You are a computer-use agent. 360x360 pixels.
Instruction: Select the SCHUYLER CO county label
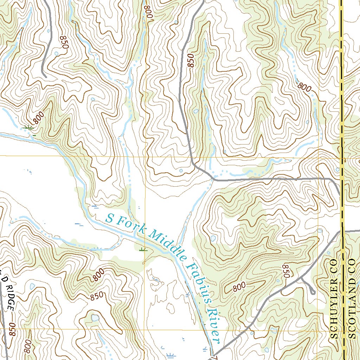pos(334,299)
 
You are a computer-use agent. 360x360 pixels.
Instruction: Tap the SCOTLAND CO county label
pos(352,299)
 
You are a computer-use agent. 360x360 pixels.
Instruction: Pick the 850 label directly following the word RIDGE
pos(13,329)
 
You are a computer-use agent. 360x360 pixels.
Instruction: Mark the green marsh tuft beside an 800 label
pos(28,127)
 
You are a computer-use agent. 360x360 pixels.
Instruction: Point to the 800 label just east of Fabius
pos(239,287)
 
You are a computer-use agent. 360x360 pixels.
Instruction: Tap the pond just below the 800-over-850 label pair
pos(95,317)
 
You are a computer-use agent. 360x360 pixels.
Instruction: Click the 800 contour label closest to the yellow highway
pos(304,86)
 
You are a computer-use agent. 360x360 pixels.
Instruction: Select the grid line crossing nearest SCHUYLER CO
pos(318,329)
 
